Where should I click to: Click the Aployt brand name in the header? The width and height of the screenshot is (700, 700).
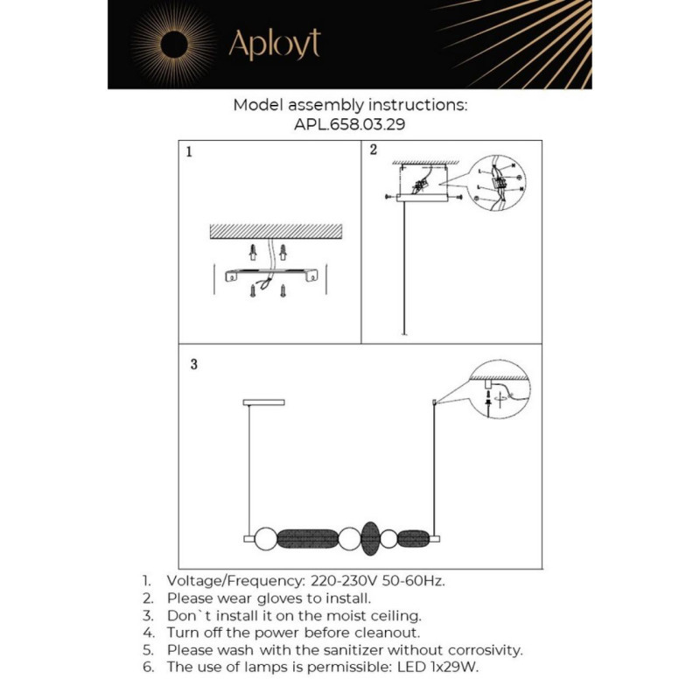tap(274, 44)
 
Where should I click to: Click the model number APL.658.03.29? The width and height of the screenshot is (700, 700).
tap(349, 124)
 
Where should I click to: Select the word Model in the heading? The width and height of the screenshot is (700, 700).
tap(256, 105)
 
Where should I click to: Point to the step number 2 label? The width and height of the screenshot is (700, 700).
tap(373, 150)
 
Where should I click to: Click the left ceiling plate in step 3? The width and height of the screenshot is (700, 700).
tap(256, 402)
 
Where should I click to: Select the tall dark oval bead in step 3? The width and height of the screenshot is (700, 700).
tap(371, 537)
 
